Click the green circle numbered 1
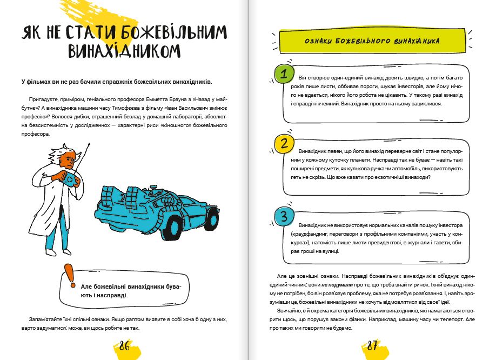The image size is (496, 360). point(284,74)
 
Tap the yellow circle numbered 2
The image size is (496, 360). point(284,143)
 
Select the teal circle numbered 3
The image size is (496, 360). point(284,217)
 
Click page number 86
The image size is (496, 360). point(124,346)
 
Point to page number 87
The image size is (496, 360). point(372,346)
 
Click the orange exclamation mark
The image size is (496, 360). point(69,276)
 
